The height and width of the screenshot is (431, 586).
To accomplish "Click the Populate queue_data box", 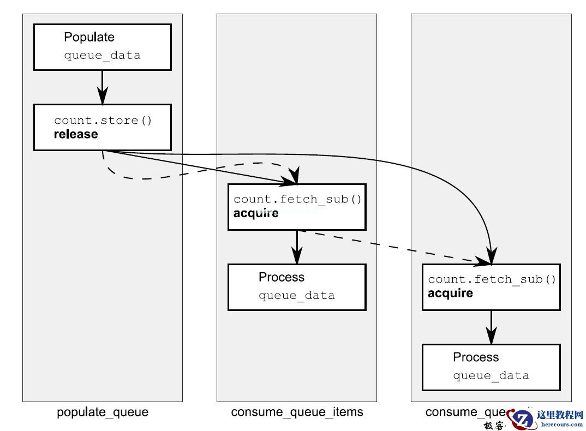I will pos(102,47).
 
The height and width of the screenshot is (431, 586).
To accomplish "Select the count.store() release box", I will pos(102,127).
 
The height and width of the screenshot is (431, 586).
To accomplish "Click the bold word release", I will pos(76,134).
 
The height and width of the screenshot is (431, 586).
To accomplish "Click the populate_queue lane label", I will pos(103,412).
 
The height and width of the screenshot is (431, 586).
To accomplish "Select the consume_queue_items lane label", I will pos(297,412).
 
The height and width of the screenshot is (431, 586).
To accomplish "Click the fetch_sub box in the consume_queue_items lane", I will pos(296,207).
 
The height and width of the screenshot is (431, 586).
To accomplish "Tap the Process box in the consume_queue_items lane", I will pos(296,287).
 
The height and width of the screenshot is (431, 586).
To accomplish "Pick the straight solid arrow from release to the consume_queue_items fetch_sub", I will pos(202,166).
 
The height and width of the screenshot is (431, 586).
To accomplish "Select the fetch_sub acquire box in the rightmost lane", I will pos(491,287).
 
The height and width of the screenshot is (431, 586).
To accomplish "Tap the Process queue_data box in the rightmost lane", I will pos(491,367).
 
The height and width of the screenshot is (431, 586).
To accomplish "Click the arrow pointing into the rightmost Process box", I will pos(491,327).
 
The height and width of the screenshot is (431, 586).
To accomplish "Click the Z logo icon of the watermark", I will pos(522,418).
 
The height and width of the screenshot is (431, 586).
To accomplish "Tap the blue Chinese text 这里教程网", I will pos(560,415).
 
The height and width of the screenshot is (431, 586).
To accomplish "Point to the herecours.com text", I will pos(560,424).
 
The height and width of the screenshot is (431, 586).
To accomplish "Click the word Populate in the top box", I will pos(89,37).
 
